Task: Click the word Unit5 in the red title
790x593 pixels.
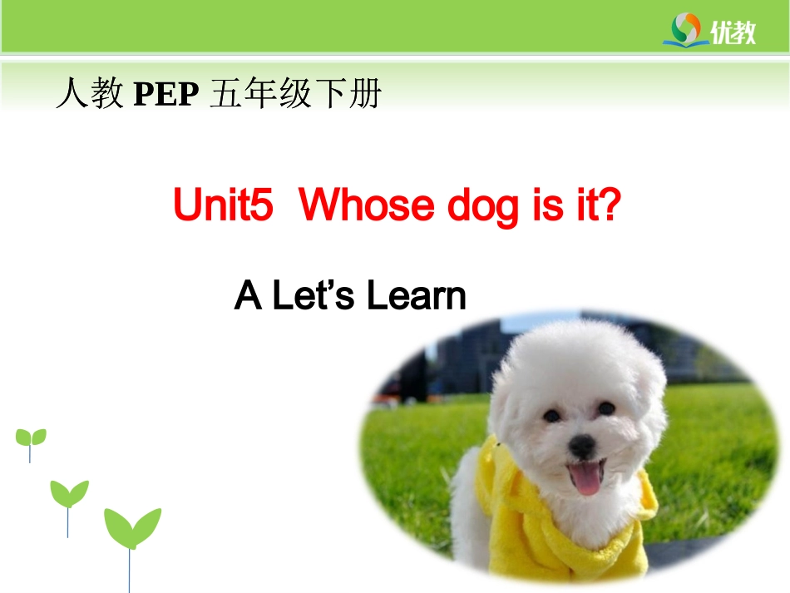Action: pos(223,205)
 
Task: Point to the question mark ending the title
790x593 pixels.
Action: pos(610,205)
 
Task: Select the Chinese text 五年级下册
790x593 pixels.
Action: pos(295,95)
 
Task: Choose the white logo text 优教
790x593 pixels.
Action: pos(733,32)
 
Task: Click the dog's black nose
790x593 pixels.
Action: pos(581,447)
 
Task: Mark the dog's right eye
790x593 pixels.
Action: pos(607,408)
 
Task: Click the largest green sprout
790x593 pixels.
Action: pos(131,529)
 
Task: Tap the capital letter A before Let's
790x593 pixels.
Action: pos(248,296)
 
